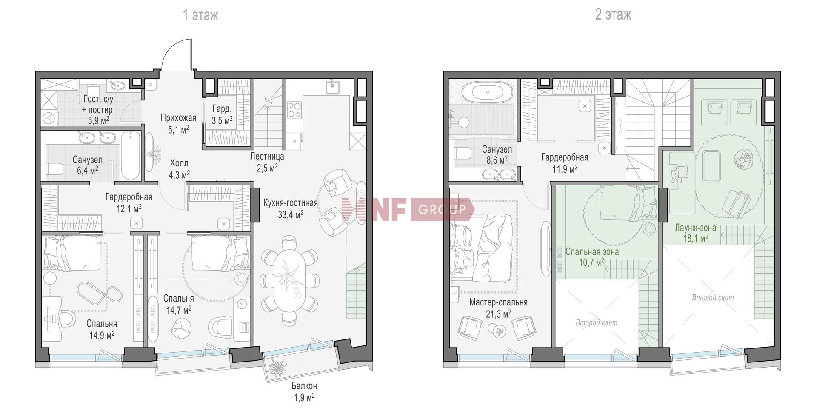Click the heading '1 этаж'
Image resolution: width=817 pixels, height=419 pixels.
(200, 15)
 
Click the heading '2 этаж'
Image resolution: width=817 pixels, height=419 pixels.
(613, 15)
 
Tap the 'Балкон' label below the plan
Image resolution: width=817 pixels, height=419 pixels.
(304, 386)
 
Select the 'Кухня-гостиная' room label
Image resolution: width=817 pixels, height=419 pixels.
(291, 203)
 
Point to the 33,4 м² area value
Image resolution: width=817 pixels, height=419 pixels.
(291, 214)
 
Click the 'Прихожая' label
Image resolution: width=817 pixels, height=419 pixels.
(178, 118)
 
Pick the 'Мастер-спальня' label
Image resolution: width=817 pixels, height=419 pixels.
(499, 302)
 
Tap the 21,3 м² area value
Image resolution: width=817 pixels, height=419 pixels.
(498, 314)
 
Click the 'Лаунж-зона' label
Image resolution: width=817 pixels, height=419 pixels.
(695, 228)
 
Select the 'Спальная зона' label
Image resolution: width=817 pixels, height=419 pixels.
(592, 251)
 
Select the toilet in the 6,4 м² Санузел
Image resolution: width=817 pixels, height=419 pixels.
(54, 169)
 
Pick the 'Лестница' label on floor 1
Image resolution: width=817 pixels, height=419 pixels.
(267, 156)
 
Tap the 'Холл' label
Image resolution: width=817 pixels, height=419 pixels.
(179, 163)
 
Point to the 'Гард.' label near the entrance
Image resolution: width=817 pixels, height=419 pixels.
(222, 109)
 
